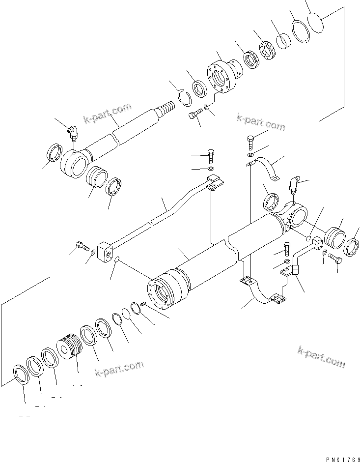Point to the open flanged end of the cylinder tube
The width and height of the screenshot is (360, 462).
pos(162,293)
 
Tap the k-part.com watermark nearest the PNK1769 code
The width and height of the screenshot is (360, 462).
pos(321,356)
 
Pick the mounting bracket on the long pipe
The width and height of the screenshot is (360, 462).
pos(214,184)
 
